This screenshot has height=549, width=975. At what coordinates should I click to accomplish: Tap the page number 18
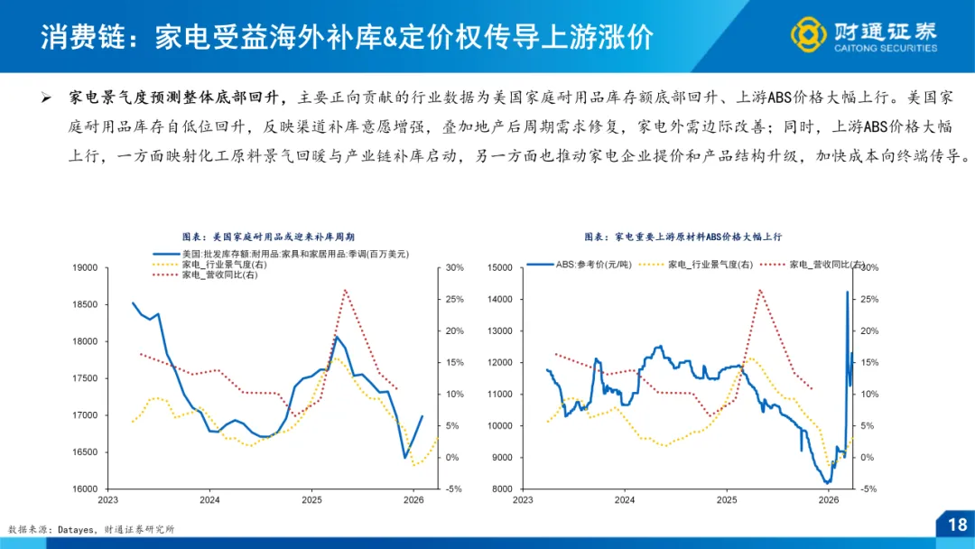click(956, 525)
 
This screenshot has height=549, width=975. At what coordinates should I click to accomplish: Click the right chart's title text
click(682, 236)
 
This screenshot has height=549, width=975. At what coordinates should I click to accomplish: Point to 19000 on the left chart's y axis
click(85, 268)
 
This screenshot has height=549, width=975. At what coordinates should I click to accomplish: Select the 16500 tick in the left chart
click(85, 452)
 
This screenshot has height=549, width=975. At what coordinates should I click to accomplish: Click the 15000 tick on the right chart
click(499, 268)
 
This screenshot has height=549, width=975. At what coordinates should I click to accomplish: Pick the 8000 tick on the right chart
click(502, 489)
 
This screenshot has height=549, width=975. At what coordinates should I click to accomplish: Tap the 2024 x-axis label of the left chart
click(209, 499)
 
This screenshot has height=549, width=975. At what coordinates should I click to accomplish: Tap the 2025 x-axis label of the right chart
click(726, 499)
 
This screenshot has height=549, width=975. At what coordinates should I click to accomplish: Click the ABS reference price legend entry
click(587, 265)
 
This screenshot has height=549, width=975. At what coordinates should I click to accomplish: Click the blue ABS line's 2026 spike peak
click(847, 292)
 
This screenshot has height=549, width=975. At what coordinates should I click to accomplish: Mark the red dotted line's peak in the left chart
click(345, 290)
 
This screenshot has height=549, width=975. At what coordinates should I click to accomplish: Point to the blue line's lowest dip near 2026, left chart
click(404, 457)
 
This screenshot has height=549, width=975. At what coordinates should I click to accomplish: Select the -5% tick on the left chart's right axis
click(453, 489)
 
